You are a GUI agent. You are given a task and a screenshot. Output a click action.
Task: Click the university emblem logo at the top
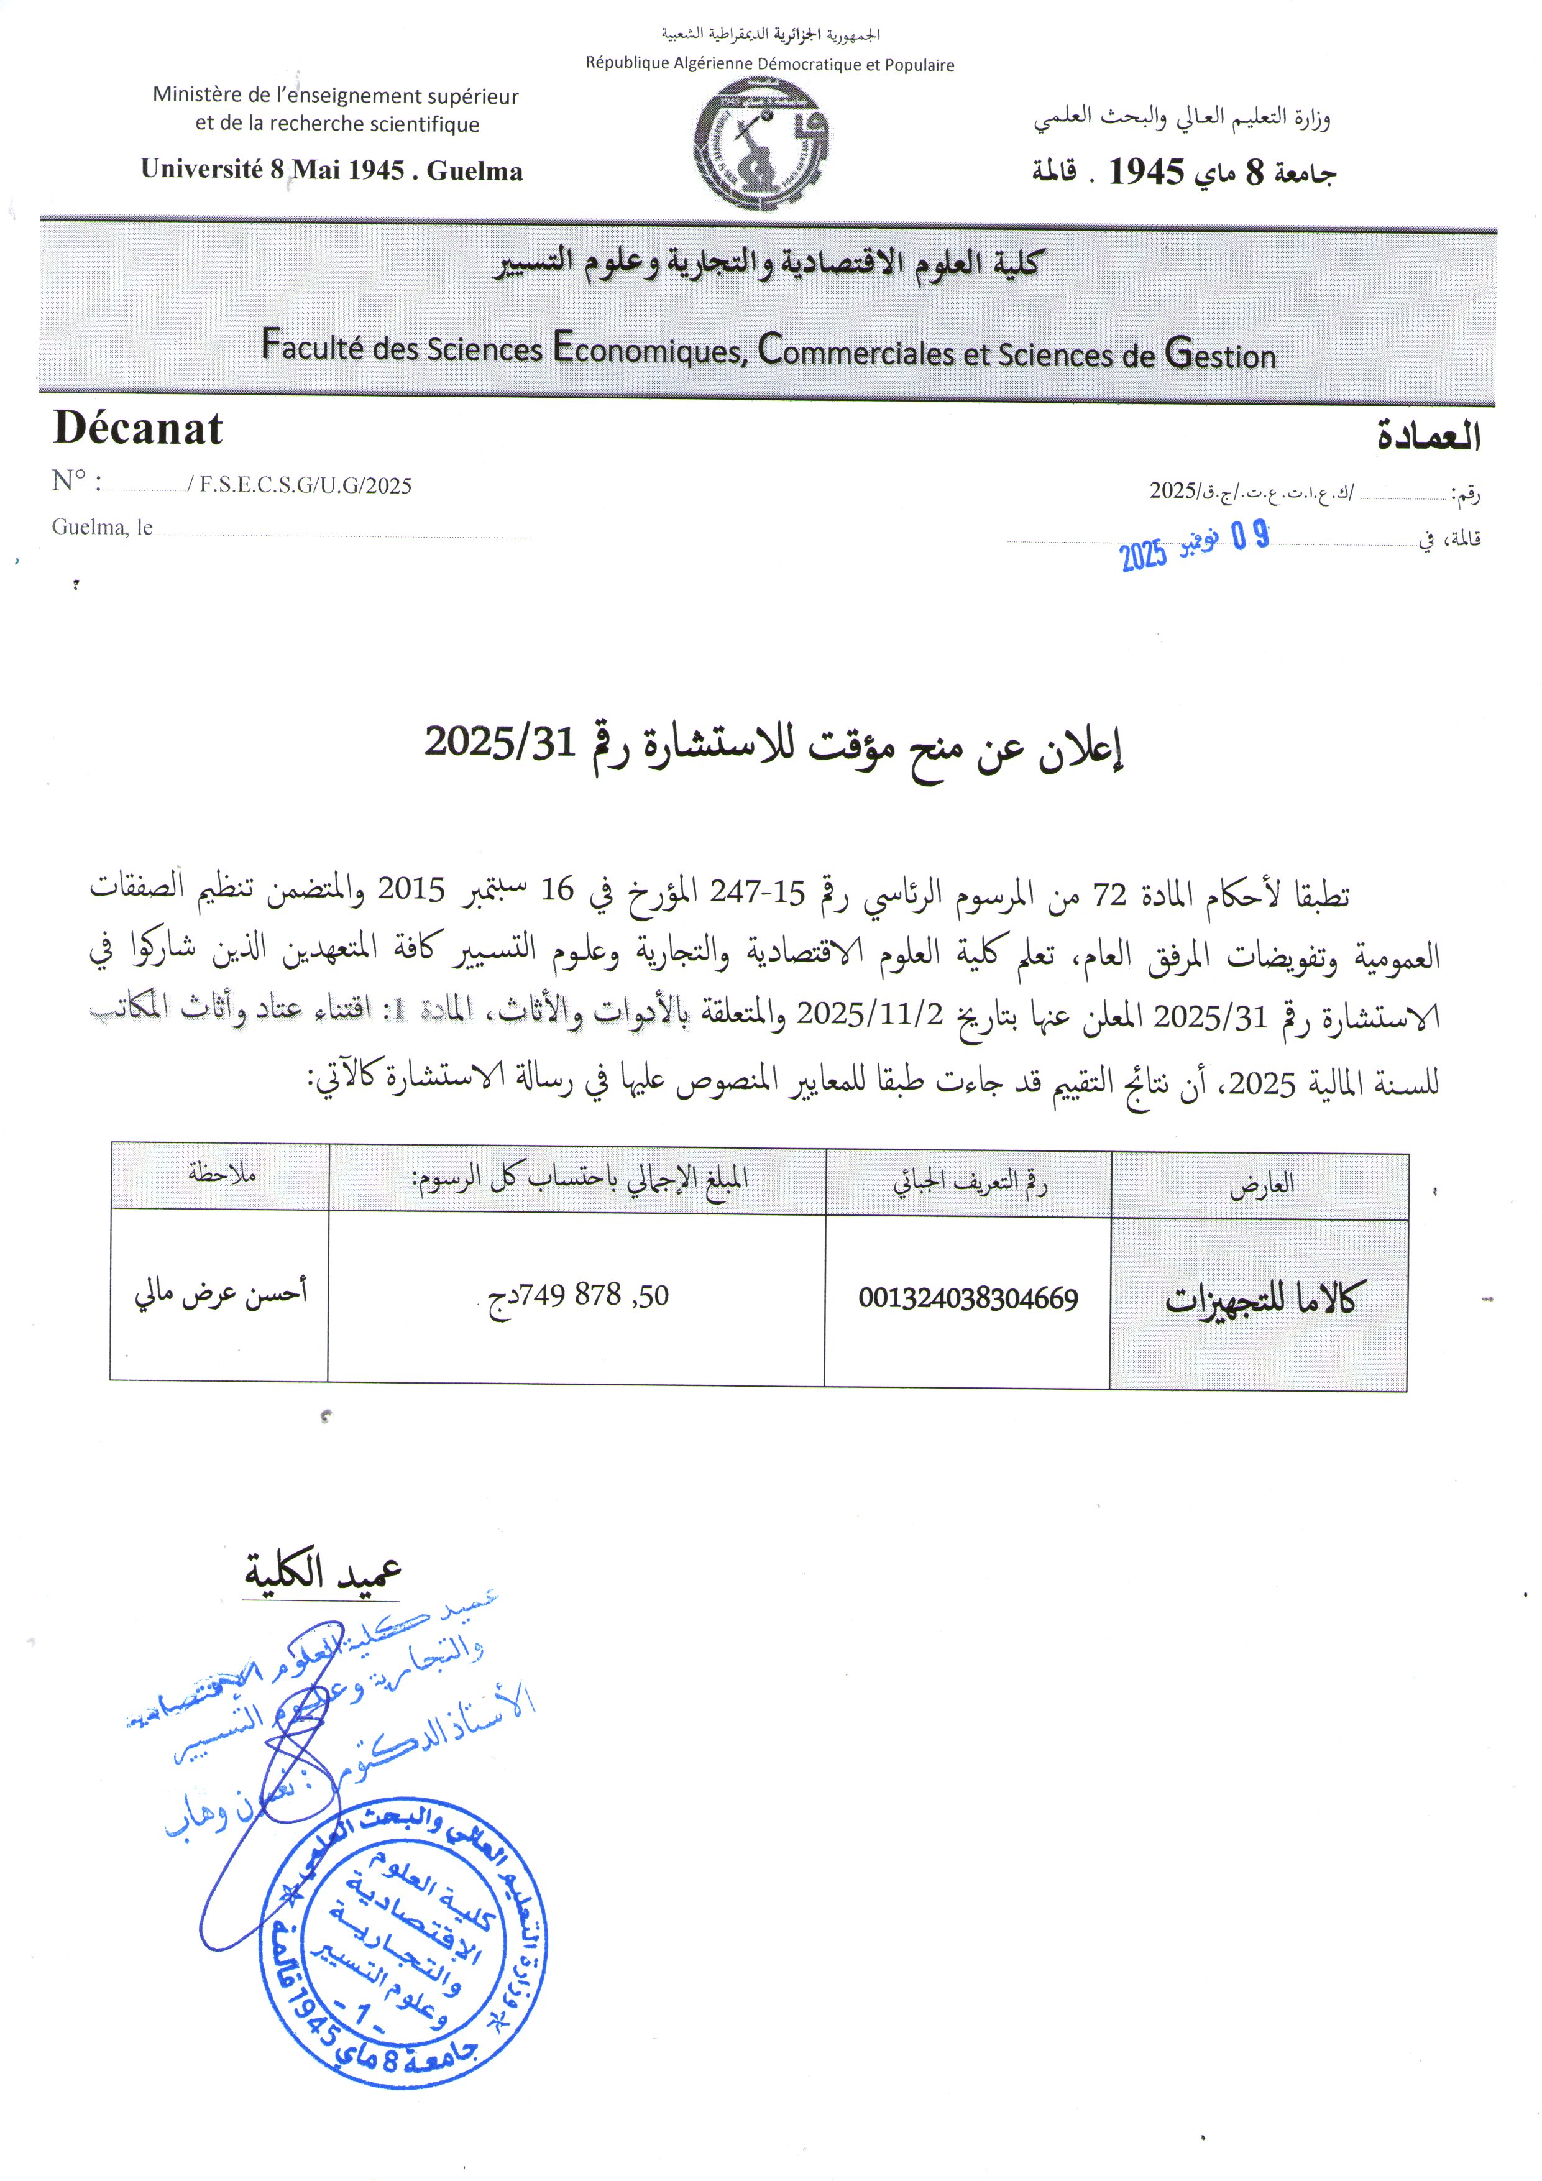[761, 144]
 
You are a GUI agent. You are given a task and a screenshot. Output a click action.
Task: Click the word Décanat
[138, 429]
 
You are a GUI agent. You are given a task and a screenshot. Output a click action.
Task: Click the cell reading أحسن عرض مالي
[221, 1292]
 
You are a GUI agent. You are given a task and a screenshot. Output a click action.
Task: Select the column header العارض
[1262, 1185]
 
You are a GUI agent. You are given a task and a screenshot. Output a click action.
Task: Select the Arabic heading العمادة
[1428, 436]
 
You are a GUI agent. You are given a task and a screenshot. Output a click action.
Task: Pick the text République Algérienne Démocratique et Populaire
[769, 65]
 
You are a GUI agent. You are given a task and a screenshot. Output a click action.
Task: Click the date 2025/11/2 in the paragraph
[870, 1014]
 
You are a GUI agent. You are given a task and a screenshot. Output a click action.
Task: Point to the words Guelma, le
[103, 527]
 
